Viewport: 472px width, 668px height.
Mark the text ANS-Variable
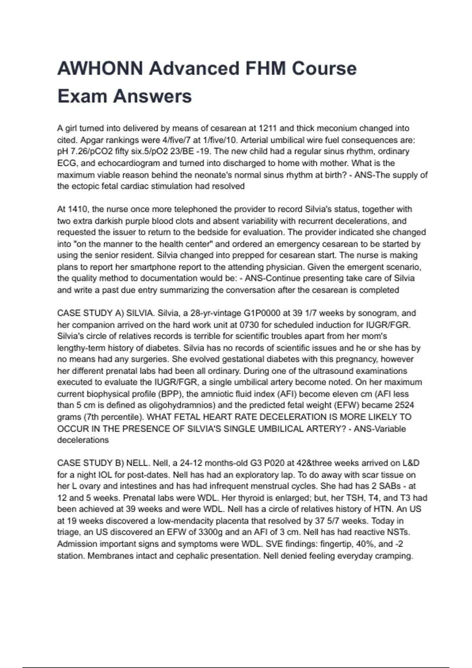tap(380, 429)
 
